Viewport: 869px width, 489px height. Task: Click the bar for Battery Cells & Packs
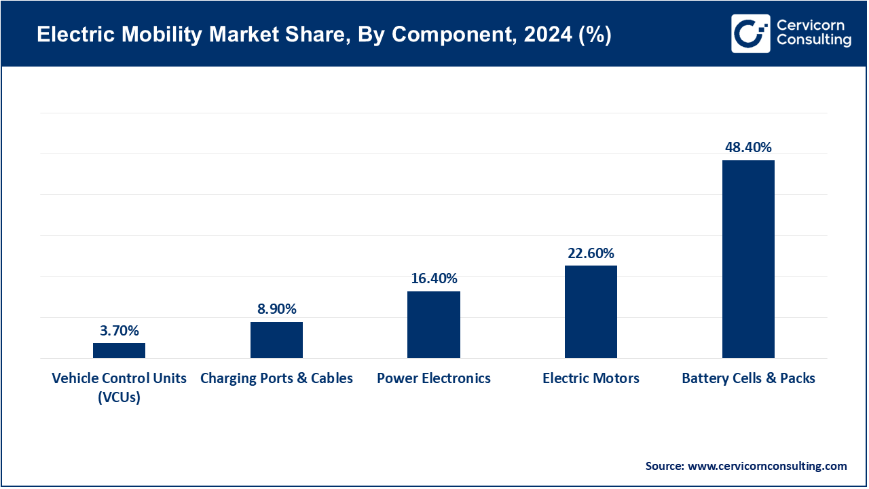748,259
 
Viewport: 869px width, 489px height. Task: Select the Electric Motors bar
591,311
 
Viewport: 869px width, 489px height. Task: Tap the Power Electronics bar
433,324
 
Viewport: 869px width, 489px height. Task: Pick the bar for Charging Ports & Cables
276,340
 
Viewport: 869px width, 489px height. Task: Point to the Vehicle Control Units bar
119,350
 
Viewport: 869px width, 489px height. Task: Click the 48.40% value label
748,147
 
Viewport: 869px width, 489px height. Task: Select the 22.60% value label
591,253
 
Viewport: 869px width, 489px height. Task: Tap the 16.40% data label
434,278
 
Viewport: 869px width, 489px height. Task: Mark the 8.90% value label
276,309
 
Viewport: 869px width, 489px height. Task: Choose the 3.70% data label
119,331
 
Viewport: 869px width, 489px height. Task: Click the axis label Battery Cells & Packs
748,378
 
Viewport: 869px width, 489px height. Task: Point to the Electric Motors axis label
591,378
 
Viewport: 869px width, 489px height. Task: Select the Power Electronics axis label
434,378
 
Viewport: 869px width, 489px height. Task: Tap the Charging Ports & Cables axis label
276,378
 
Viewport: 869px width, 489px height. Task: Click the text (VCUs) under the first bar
119,397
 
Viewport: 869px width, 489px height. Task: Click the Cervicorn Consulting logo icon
751,33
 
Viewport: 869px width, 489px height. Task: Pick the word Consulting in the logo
814,40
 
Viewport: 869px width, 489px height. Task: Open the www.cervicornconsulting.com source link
767,466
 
